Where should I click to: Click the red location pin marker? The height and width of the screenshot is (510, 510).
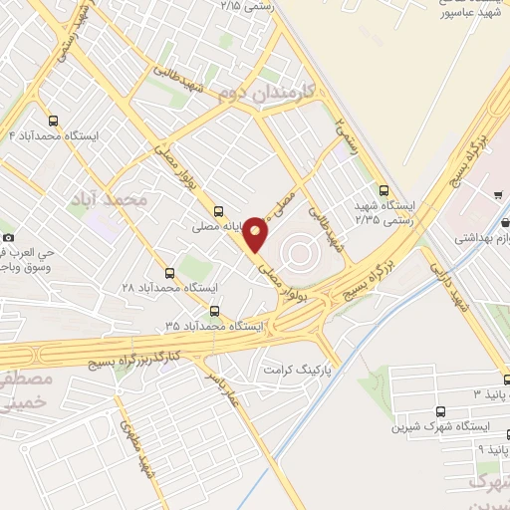(256, 233)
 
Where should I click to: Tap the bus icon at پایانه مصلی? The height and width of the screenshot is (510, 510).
(218, 210)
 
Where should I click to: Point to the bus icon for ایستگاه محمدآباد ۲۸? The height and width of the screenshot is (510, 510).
(168, 272)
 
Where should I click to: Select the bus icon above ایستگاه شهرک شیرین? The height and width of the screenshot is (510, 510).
(441, 410)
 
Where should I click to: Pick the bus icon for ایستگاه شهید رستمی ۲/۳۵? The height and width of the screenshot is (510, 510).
(384, 190)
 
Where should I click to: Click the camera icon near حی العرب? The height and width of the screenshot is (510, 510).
(9, 237)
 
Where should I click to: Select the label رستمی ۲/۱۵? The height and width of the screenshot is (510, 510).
(245, 6)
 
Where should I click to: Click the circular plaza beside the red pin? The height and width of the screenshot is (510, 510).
(298, 245)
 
